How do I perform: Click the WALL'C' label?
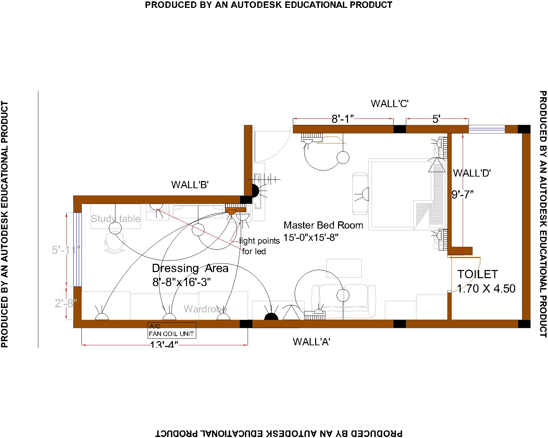(x=389, y=103)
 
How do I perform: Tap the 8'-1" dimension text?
(x=342, y=119)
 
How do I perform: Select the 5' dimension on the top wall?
(x=436, y=119)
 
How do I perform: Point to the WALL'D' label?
(x=472, y=173)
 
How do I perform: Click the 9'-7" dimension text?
(x=462, y=194)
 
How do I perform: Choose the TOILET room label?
(x=477, y=274)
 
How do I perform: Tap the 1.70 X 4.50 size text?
(x=486, y=288)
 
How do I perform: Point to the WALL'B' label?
(x=190, y=185)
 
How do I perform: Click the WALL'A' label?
(x=311, y=342)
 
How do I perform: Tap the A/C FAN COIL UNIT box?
(x=172, y=331)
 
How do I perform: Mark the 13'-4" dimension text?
(x=164, y=344)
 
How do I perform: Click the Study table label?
(x=115, y=218)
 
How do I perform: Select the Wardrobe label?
(x=205, y=309)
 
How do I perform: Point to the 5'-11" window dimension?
(x=66, y=250)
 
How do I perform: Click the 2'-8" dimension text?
(x=66, y=303)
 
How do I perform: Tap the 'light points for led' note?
(x=259, y=246)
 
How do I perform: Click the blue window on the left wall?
(x=78, y=249)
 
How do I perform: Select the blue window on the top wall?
(x=486, y=129)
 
